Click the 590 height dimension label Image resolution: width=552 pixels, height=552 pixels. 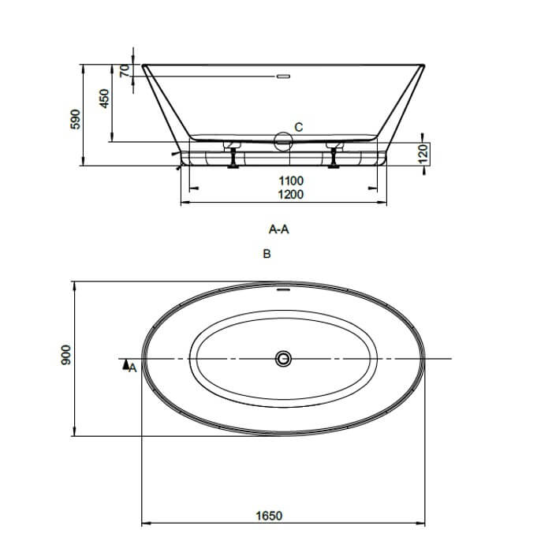pos(76,119)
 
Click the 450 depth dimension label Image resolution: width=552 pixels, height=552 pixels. pos(104,99)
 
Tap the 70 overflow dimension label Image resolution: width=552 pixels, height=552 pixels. pos(125,71)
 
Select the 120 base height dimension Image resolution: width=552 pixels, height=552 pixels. pos(423,153)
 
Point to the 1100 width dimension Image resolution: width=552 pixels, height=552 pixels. pos(291,181)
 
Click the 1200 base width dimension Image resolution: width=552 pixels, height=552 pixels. pos(291,194)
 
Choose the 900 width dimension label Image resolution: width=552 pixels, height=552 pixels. pos(65,355)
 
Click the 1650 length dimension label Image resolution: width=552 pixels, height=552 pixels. pos(269,516)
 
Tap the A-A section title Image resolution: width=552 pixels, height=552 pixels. pos(279,229)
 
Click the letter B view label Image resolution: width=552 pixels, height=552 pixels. pos(267,254)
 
